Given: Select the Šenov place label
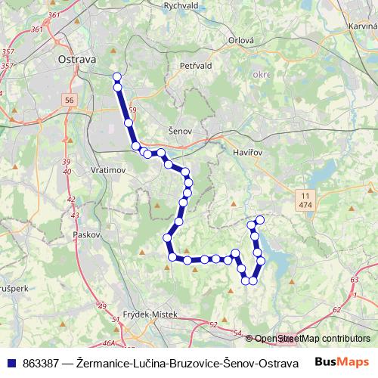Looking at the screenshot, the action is click(x=179, y=131).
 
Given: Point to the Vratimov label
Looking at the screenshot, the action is click(x=107, y=170).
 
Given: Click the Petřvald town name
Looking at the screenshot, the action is click(x=199, y=67).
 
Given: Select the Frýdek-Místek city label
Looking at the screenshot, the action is click(x=149, y=314).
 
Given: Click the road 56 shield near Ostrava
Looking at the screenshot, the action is click(x=70, y=100).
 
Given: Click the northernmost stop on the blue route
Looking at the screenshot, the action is click(x=116, y=76).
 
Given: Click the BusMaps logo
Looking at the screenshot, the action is click(x=341, y=361).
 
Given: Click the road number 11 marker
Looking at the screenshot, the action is click(x=305, y=196).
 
